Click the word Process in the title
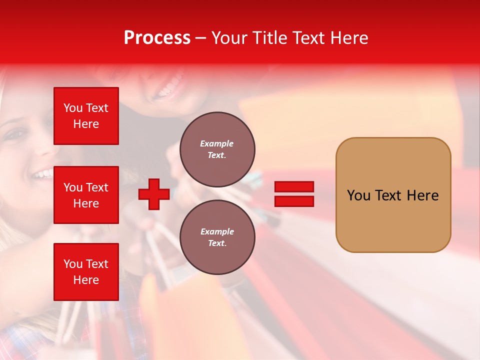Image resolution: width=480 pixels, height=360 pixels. [157, 37]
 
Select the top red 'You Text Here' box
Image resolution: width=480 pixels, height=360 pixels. [86, 116]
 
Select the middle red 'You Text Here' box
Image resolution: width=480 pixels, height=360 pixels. [86, 195]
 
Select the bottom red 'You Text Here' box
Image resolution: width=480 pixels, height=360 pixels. [86, 271]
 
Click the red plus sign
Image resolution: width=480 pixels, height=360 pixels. [154, 194]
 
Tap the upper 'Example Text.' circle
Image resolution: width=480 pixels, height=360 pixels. [217, 149]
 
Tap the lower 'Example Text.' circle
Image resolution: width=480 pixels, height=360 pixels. [217, 237]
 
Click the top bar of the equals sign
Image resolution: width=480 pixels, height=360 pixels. [294, 186]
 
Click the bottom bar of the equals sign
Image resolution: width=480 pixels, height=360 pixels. [294, 201]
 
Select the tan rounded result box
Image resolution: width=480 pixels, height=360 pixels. [393, 195]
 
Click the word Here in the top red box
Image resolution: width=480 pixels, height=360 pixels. [86, 124]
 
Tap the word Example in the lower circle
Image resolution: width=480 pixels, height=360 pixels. [217, 231]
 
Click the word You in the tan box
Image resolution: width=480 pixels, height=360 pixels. [358, 195]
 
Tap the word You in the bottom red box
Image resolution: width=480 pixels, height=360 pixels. [73, 264]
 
